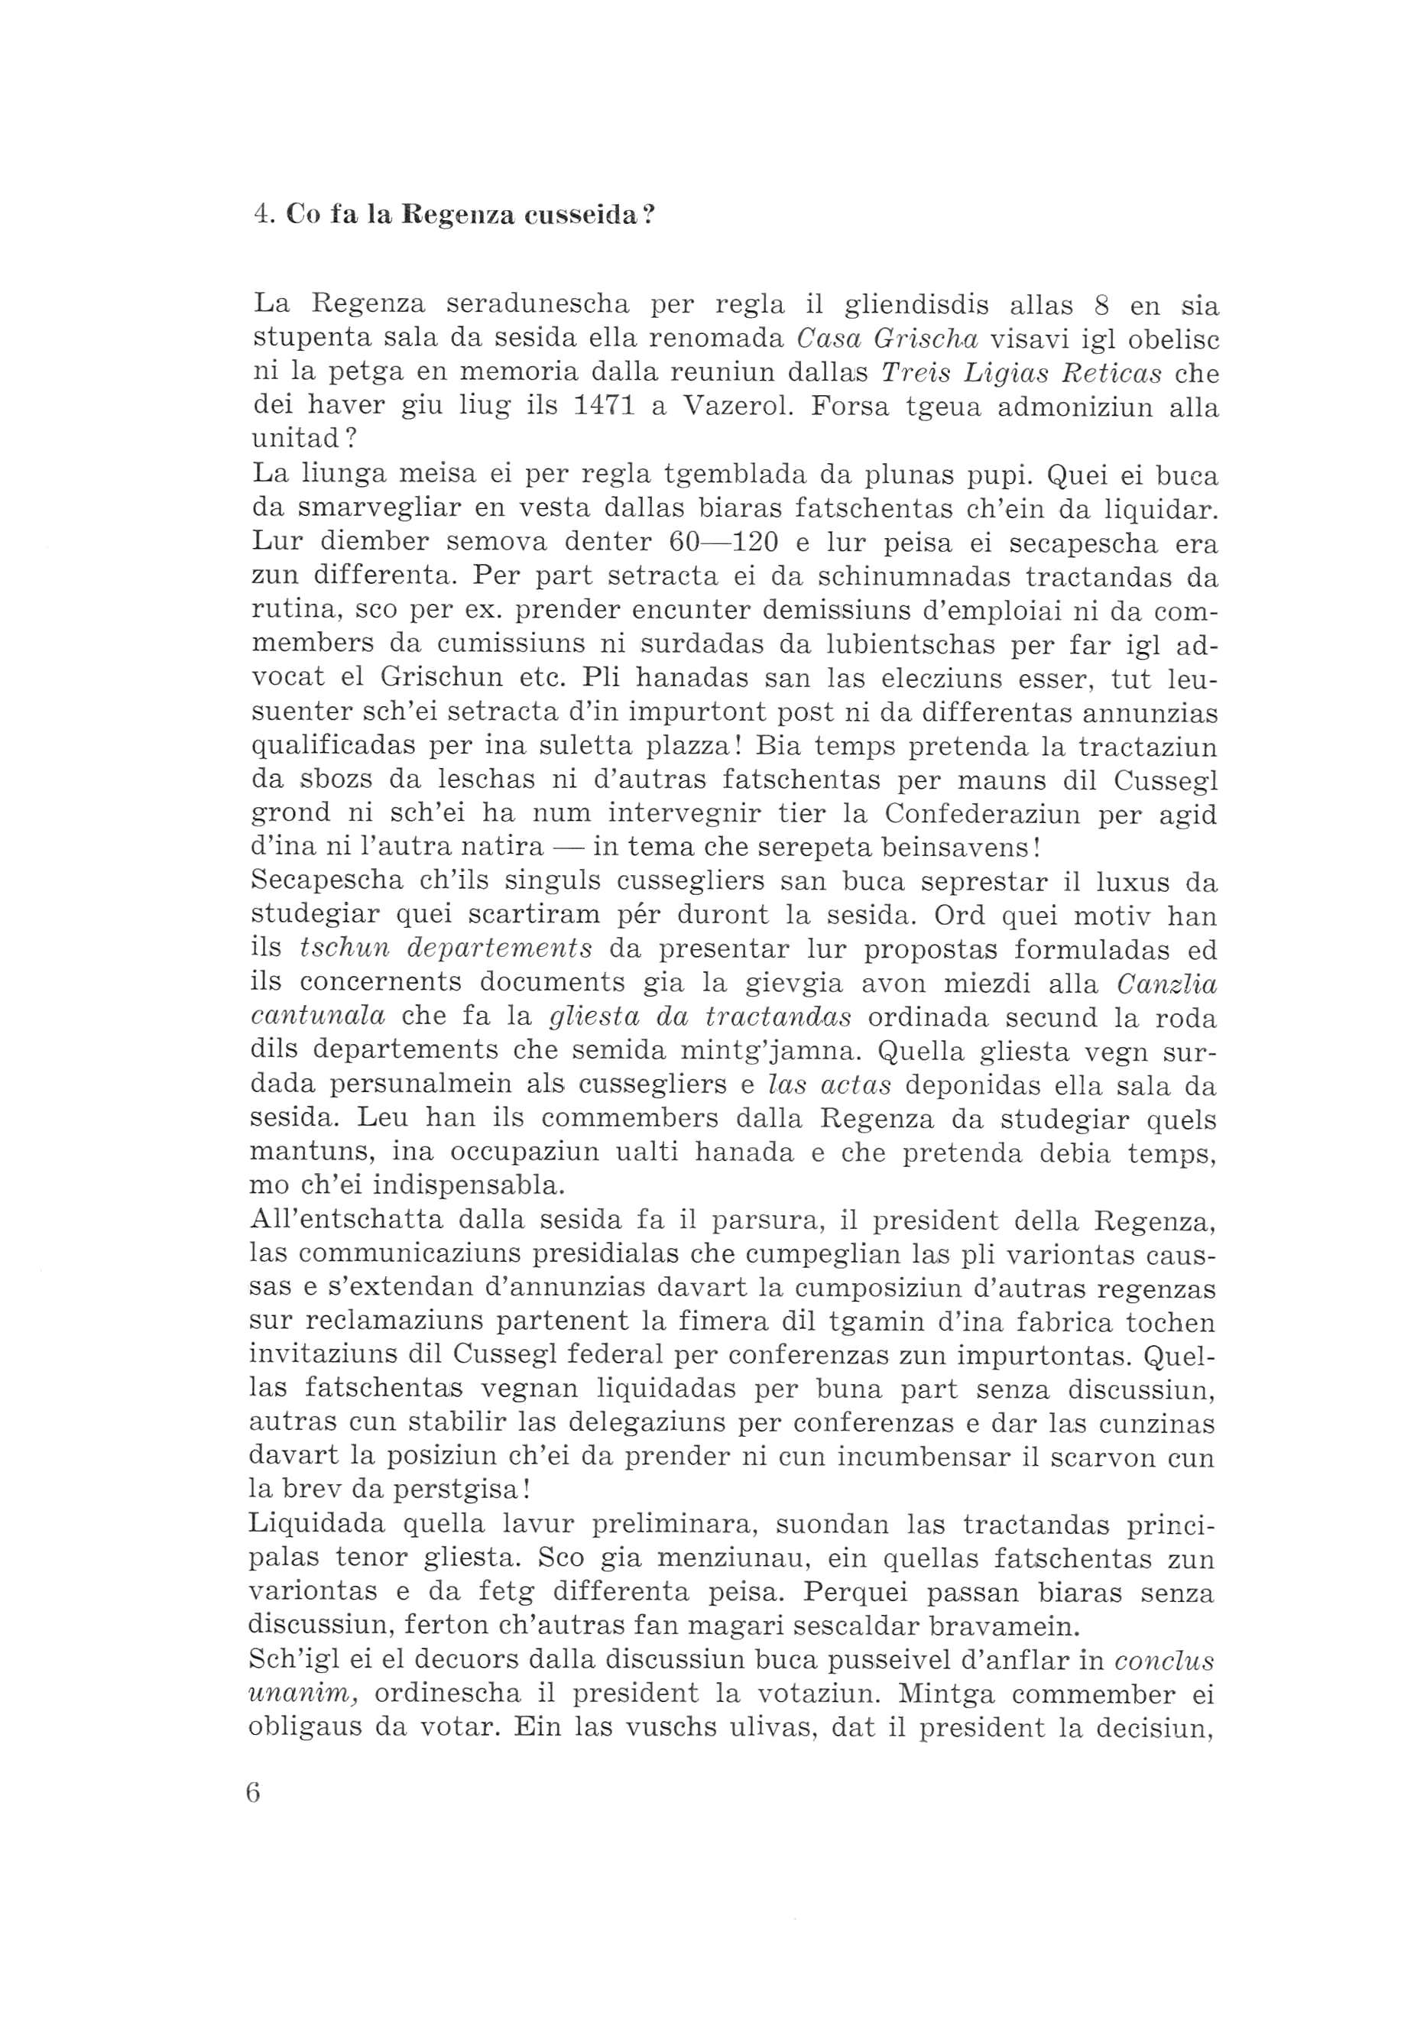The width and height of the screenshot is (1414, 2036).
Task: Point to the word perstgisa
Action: pyautogui.click(x=461, y=1491)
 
